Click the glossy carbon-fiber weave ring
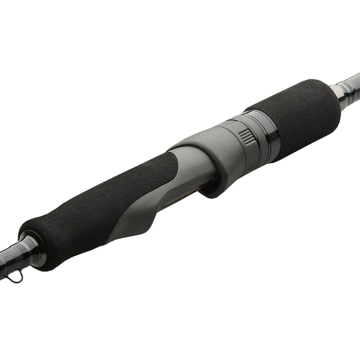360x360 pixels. [x=268, y=136]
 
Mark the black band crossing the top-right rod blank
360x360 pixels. [x=347, y=87]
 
